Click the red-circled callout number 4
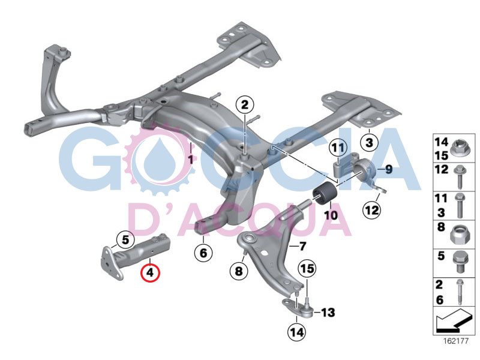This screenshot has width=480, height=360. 150,272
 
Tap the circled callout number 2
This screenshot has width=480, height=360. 245,106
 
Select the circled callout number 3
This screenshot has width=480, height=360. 369,142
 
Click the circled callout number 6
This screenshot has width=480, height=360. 203,253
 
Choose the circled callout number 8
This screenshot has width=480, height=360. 238,271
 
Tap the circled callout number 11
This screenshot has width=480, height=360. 338,147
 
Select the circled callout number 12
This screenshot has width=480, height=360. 371,210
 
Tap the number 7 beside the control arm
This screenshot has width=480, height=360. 302,246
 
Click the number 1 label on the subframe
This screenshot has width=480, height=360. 191,160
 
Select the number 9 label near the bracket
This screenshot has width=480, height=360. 388,170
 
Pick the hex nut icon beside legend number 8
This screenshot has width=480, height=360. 458,230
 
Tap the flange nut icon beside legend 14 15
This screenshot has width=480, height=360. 458,148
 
